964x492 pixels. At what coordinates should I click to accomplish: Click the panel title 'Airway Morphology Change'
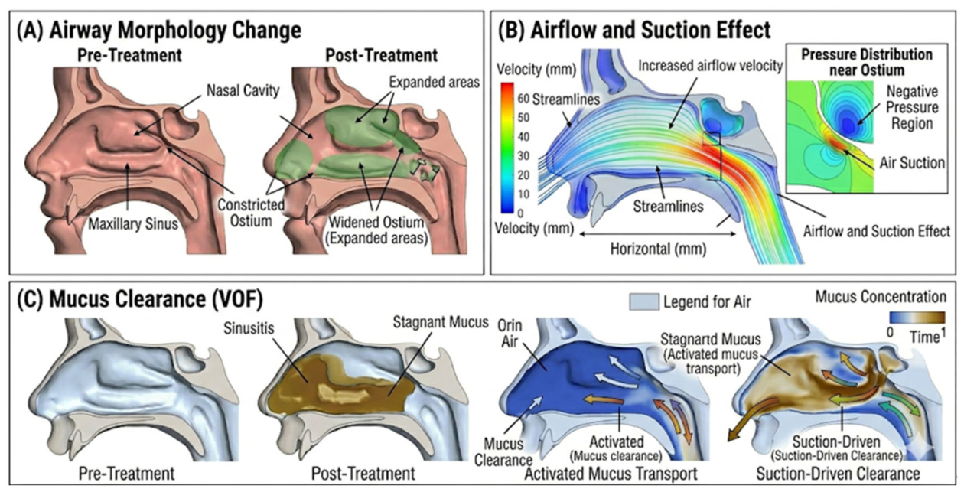(x=175, y=30)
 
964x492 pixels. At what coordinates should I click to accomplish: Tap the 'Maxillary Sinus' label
(x=133, y=224)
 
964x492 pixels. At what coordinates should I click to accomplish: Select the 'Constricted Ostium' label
(x=251, y=213)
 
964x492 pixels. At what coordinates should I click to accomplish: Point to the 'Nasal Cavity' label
(x=243, y=90)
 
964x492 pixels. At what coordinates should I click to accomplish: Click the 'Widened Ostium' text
(x=376, y=222)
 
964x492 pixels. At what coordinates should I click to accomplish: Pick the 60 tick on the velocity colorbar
(x=523, y=99)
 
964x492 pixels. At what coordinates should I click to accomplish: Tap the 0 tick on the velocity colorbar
(x=521, y=213)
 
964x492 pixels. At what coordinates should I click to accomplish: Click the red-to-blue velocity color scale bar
(x=507, y=148)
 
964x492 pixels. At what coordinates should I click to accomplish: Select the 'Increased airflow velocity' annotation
(x=711, y=66)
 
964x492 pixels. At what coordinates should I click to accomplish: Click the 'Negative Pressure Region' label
(x=912, y=107)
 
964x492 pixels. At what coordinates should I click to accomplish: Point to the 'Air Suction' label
(x=912, y=163)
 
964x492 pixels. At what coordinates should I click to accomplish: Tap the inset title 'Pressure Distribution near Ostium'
(x=867, y=62)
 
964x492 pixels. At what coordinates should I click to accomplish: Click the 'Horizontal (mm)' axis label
(x=659, y=249)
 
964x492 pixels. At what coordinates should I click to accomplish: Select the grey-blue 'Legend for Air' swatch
(x=644, y=301)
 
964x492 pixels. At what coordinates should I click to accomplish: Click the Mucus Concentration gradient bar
(x=917, y=318)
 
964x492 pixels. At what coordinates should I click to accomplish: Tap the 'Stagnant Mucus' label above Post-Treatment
(x=441, y=322)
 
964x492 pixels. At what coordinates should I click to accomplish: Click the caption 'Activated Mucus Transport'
(x=611, y=474)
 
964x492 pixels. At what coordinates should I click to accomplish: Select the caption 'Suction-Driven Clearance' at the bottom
(x=838, y=474)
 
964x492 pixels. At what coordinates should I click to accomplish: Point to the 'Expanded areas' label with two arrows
(x=435, y=82)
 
